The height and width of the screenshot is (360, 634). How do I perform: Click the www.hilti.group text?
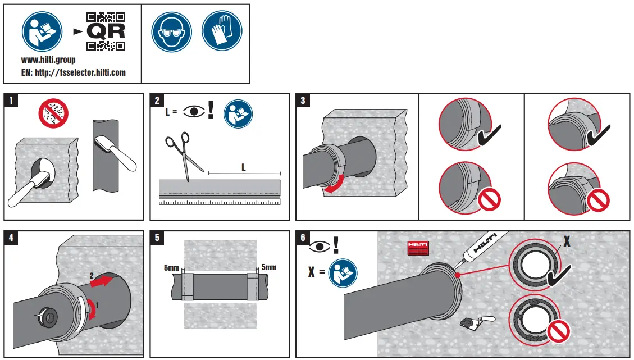(48, 60)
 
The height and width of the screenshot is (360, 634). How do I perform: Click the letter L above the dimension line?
(243, 167)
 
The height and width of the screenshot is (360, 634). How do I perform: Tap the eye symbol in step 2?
(194, 111)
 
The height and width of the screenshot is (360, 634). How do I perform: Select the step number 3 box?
(303, 101)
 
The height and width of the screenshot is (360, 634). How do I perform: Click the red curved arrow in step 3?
(336, 188)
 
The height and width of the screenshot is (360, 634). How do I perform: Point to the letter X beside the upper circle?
(567, 241)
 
